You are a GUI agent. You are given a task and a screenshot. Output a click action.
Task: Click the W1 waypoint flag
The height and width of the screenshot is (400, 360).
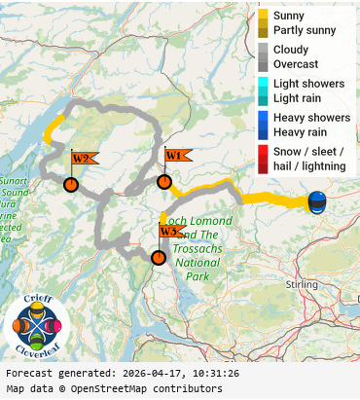coord(176,156)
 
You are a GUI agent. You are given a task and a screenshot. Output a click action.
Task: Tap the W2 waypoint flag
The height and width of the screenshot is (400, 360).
coord(83,159)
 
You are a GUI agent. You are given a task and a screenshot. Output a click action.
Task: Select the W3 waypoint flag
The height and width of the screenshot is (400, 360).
coord(170,232)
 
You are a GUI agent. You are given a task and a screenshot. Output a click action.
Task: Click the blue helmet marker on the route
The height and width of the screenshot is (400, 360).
coord(317,201)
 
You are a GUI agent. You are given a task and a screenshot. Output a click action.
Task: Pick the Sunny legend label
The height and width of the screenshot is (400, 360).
coord(289,16)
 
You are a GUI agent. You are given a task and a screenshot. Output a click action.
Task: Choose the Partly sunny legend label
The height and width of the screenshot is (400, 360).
coord(305,30)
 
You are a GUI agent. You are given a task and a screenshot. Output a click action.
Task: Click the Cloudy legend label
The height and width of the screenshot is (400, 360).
coord(291,50)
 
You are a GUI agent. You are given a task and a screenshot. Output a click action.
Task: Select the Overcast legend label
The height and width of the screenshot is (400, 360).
coord(295,64)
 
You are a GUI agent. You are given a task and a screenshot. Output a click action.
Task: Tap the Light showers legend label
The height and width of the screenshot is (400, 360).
coord(308,84)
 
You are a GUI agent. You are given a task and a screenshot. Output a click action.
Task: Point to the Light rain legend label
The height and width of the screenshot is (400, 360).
coord(298,98)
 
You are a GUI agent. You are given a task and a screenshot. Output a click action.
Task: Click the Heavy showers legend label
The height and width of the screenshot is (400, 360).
coord(311,118)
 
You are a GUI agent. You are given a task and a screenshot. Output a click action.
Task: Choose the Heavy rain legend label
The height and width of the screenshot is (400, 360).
coord(300,132)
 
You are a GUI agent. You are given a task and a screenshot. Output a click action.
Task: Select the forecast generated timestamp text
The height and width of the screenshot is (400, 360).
coord(122,374)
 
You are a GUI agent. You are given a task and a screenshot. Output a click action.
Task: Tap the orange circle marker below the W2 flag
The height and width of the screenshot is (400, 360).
coord(71,185)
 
